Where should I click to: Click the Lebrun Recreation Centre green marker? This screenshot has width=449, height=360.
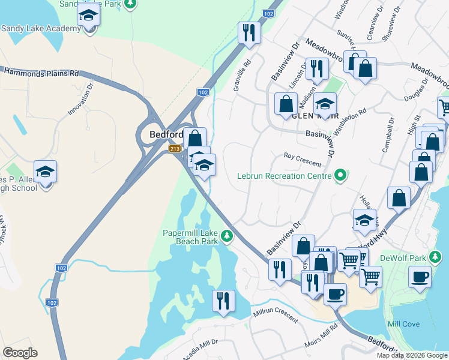pyautogui.click(x=341, y=176)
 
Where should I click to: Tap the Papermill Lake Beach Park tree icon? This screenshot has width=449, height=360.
pyautogui.click(x=227, y=235)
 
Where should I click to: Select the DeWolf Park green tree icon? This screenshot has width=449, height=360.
pyautogui.click(x=438, y=258)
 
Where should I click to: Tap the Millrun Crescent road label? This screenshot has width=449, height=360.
pyautogui.click(x=276, y=314)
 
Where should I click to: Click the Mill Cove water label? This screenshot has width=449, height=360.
pyautogui.click(x=403, y=324)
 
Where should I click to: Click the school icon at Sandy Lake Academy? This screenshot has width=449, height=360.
pyautogui.click(x=89, y=16)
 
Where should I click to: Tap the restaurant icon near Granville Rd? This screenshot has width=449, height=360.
pyautogui.click(x=249, y=32)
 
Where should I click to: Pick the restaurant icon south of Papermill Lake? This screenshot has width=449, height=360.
pyautogui.click(x=223, y=300)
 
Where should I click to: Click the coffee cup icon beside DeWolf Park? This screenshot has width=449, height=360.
pyautogui.click(x=420, y=277)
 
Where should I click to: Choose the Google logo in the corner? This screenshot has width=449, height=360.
pyautogui.click(x=20, y=353)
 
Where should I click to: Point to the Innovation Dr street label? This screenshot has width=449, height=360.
pyautogui.click(x=82, y=98)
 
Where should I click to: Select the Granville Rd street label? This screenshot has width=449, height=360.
pyautogui.click(x=242, y=75)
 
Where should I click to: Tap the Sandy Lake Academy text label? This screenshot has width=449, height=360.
pyautogui.click(x=41, y=28)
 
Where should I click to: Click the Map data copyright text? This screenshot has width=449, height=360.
pyautogui.click(x=412, y=355)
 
